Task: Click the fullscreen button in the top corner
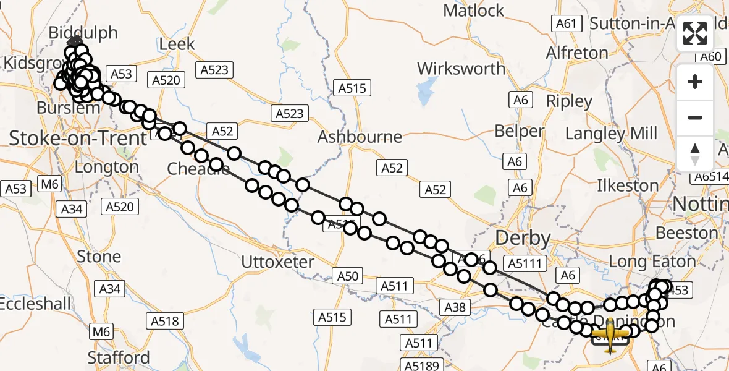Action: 695,33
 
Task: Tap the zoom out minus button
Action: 695,117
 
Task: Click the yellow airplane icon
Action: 610,335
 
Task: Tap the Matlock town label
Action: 474,11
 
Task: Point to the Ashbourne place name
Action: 360,137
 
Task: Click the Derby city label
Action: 523,238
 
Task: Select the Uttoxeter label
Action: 277,262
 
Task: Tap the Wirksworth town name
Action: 461,68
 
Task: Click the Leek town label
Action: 177,45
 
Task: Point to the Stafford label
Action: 119,357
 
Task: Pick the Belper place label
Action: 520,131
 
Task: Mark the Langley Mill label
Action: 611,133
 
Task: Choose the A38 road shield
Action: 456,307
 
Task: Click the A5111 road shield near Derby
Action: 525,265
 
